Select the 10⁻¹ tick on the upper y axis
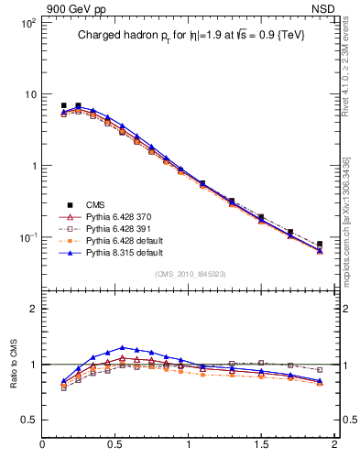pos(27,237)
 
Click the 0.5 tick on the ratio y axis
pos(29,420)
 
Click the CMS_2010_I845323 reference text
pos(189,273)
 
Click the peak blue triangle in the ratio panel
pos(123,347)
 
